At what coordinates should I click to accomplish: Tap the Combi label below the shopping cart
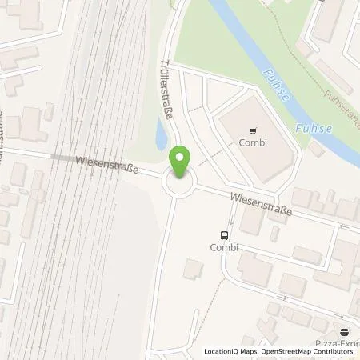(255, 144)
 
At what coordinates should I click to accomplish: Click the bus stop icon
(226, 235)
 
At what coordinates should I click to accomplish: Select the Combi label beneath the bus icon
(226, 247)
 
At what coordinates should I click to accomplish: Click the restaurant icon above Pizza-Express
(344, 331)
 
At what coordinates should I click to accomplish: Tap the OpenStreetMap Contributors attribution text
(311, 351)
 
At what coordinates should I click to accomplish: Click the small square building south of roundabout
(193, 270)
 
